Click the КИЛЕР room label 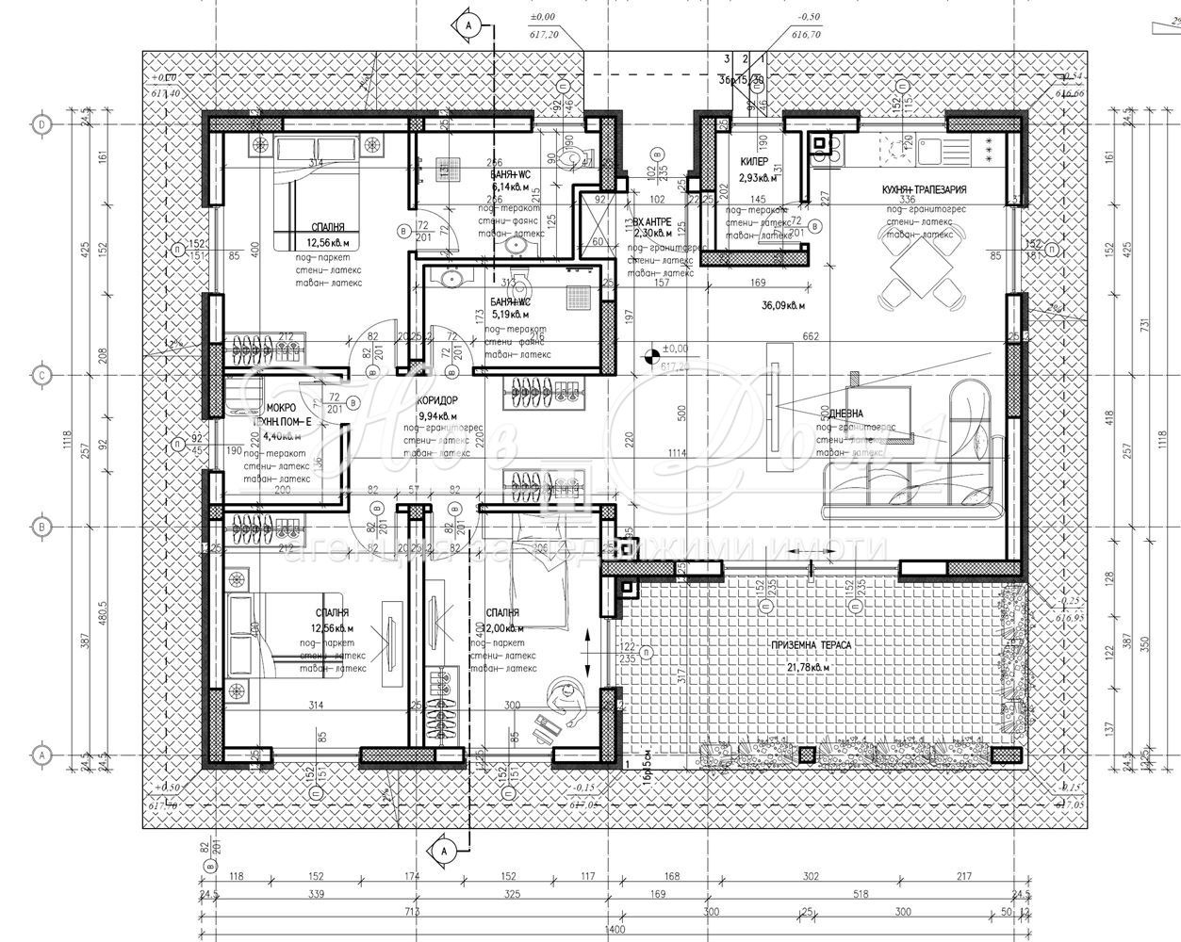754,161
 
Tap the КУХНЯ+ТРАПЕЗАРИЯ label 924,189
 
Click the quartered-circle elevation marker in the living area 649,356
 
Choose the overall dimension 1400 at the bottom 616,930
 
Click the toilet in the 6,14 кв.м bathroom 568,152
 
